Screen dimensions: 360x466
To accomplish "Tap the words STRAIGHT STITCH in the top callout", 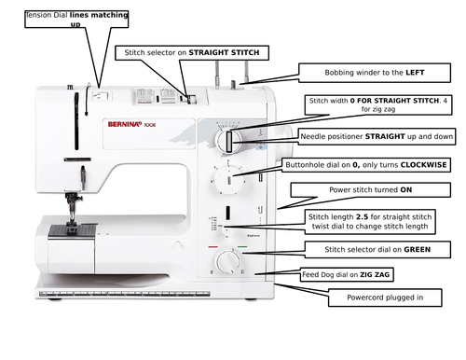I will (x=224, y=53).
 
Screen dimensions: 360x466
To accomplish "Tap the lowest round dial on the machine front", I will (x=226, y=260).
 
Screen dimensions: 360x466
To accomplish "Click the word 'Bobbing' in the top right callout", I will (x=342, y=72).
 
